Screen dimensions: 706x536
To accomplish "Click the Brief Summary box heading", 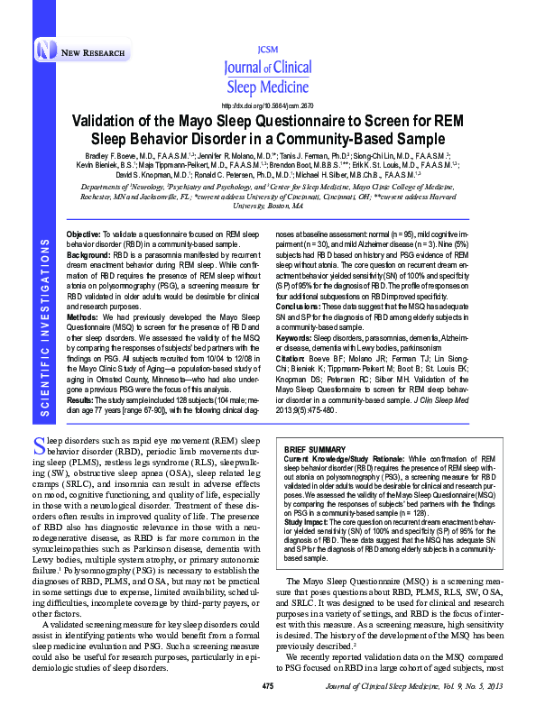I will click(317, 448).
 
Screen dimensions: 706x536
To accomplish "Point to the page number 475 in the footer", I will click(267, 687).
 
